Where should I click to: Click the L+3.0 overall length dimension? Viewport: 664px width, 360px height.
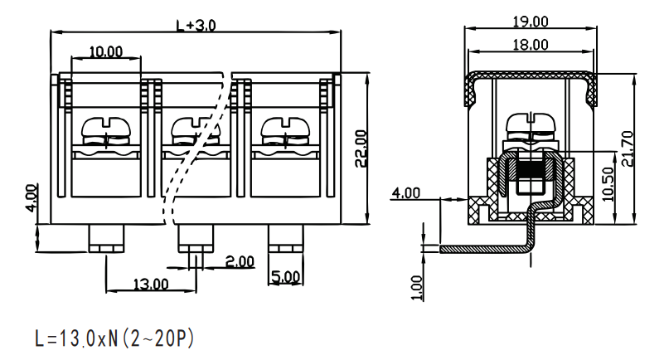(x=196, y=26)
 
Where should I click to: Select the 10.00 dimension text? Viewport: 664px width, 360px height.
(x=106, y=51)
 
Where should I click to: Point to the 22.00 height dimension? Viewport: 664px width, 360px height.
(x=361, y=148)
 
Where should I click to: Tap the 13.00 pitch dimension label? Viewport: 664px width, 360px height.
(x=151, y=284)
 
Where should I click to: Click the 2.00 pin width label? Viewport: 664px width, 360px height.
(x=240, y=262)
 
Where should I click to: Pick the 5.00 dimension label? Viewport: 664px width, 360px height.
(x=285, y=277)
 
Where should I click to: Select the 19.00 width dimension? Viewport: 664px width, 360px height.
(x=531, y=22)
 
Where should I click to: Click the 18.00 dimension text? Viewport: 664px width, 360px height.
(x=531, y=45)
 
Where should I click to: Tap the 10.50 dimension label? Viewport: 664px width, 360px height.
(x=608, y=184)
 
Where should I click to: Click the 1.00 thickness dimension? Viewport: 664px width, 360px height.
(x=417, y=289)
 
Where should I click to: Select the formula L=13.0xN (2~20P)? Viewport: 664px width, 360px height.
(x=114, y=338)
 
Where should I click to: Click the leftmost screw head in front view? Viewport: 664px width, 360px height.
(x=106, y=126)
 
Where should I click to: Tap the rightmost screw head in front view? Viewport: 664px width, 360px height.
(x=286, y=126)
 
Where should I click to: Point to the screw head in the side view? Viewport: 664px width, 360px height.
(x=531, y=123)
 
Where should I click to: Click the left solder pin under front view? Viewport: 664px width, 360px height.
(x=106, y=238)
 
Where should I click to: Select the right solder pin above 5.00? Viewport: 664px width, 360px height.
(x=286, y=238)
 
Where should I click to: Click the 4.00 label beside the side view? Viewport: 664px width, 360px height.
(x=405, y=193)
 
